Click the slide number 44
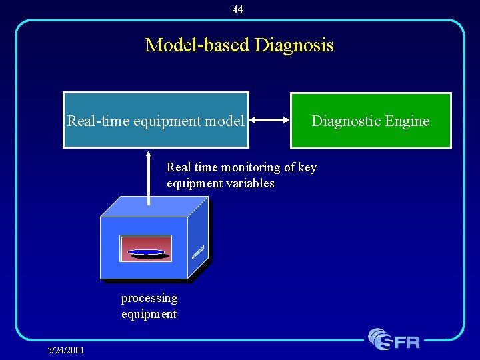point(238,9)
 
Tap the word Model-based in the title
point(197,45)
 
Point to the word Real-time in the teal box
point(99,121)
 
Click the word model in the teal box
point(225,121)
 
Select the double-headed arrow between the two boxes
point(269,121)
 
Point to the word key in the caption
point(307,167)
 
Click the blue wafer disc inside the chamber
point(146,252)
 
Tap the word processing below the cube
point(149,298)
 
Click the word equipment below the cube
point(149,314)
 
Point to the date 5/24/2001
point(65,349)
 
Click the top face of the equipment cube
point(153,207)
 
